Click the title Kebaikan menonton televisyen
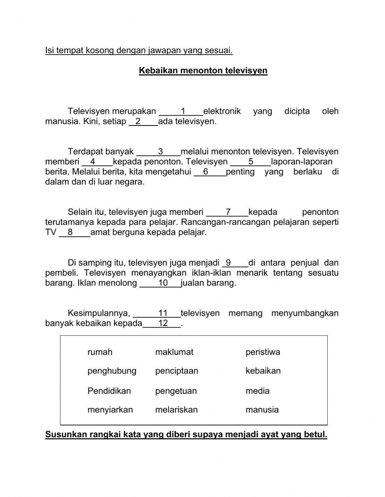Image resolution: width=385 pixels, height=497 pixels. [203, 71]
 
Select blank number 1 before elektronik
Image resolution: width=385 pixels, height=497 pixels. [182, 112]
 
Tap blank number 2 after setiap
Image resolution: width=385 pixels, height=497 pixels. [143, 122]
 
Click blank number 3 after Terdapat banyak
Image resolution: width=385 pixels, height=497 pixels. [159, 152]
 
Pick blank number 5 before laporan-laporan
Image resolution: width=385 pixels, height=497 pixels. [250, 162]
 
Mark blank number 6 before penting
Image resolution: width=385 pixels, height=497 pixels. [209, 172]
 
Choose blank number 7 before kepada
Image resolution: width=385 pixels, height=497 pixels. [228, 212]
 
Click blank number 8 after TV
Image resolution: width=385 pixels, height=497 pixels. [74, 232]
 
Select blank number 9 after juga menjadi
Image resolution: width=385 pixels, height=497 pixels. [234, 263]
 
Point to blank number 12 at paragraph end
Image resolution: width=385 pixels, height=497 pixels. [162, 323]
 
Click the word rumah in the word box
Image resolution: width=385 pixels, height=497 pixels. [100, 352]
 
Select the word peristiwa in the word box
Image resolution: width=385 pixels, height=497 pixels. [263, 352]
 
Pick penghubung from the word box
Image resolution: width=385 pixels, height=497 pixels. [112, 371]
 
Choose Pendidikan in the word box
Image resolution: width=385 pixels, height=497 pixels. [109, 391]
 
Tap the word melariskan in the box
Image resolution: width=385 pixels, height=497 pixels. [176, 410]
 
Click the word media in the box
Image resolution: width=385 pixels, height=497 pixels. [257, 391]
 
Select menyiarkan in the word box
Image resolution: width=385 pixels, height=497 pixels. [110, 410]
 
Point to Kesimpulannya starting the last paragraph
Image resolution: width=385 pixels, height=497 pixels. [99, 313]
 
